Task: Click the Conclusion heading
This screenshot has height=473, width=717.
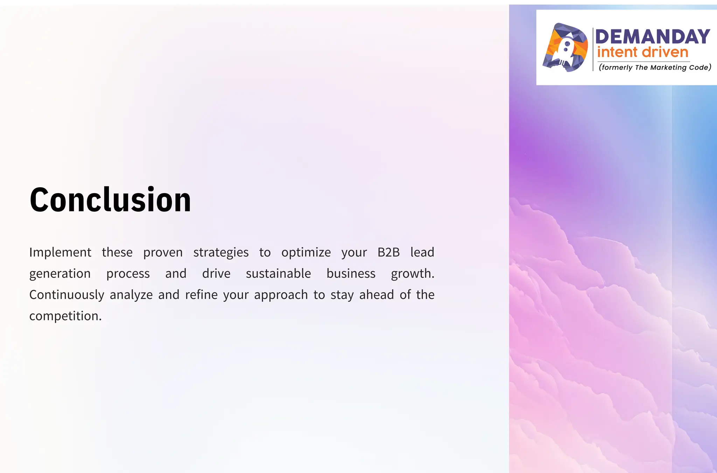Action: click(x=110, y=200)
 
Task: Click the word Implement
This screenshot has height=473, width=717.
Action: click(x=60, y=252)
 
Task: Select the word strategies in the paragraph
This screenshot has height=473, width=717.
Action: click(x=221, y=252)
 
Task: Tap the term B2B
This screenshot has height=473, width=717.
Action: click(x=388, y=252)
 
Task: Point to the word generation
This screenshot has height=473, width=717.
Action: click(x=60, y=274)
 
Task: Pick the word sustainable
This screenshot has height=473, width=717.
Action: click(x=278, y=274)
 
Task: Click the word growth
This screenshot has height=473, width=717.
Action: click(x=412, y=274)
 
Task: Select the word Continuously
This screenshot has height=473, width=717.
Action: click(x=67, y=295)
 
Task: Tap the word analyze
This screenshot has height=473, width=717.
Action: click(x=131, y=295)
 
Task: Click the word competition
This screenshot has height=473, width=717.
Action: click(x=65, y=316)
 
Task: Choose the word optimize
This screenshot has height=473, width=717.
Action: click(x=306, y=252)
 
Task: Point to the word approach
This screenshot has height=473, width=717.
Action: click(x=281, y=295)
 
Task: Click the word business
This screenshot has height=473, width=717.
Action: click(x=351, y=274)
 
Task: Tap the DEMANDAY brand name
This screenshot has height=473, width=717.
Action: click(x=653, y=37)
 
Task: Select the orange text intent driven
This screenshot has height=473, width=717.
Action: click(x=643, y=52)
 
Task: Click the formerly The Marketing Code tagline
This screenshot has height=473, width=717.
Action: click(x=655, y=68)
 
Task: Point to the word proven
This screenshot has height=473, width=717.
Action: click(x=163, y=252)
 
